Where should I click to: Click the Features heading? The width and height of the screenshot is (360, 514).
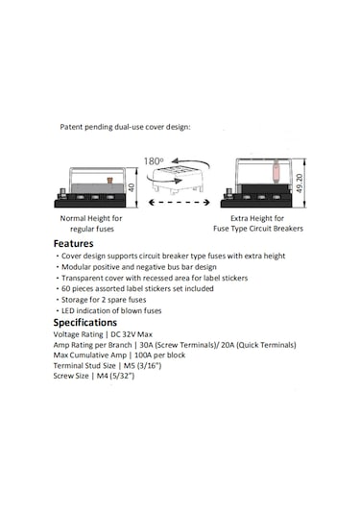point(73,244)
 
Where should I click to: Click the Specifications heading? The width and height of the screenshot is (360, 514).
point(85,323)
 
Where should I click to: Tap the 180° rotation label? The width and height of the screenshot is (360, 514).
point(154,161)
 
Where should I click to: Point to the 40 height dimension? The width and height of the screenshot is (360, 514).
point(131,187)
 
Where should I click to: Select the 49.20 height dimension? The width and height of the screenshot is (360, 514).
point(300,183)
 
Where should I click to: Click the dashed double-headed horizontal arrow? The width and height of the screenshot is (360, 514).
point(180,203)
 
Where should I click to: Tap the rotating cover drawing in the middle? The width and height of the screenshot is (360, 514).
point(178,180)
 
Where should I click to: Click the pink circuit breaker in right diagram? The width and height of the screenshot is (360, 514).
point(276,171)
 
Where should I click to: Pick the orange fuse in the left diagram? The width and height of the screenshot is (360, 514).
point(109,181)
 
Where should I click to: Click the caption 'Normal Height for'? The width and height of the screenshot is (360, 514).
point(91,218)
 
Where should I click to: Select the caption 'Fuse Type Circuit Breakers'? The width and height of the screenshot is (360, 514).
point(258,229)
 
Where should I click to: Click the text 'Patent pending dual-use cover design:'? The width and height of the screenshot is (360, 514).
point(125,127)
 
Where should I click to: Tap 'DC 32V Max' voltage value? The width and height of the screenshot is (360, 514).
point(132,334)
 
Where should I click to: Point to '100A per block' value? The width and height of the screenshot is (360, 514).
point(160,355)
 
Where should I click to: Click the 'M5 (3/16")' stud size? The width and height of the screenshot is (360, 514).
point(142,365)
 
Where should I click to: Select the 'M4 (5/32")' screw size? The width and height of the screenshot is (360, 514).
point(115,376)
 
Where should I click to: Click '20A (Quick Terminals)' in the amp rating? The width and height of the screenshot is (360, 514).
point(258,345)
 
